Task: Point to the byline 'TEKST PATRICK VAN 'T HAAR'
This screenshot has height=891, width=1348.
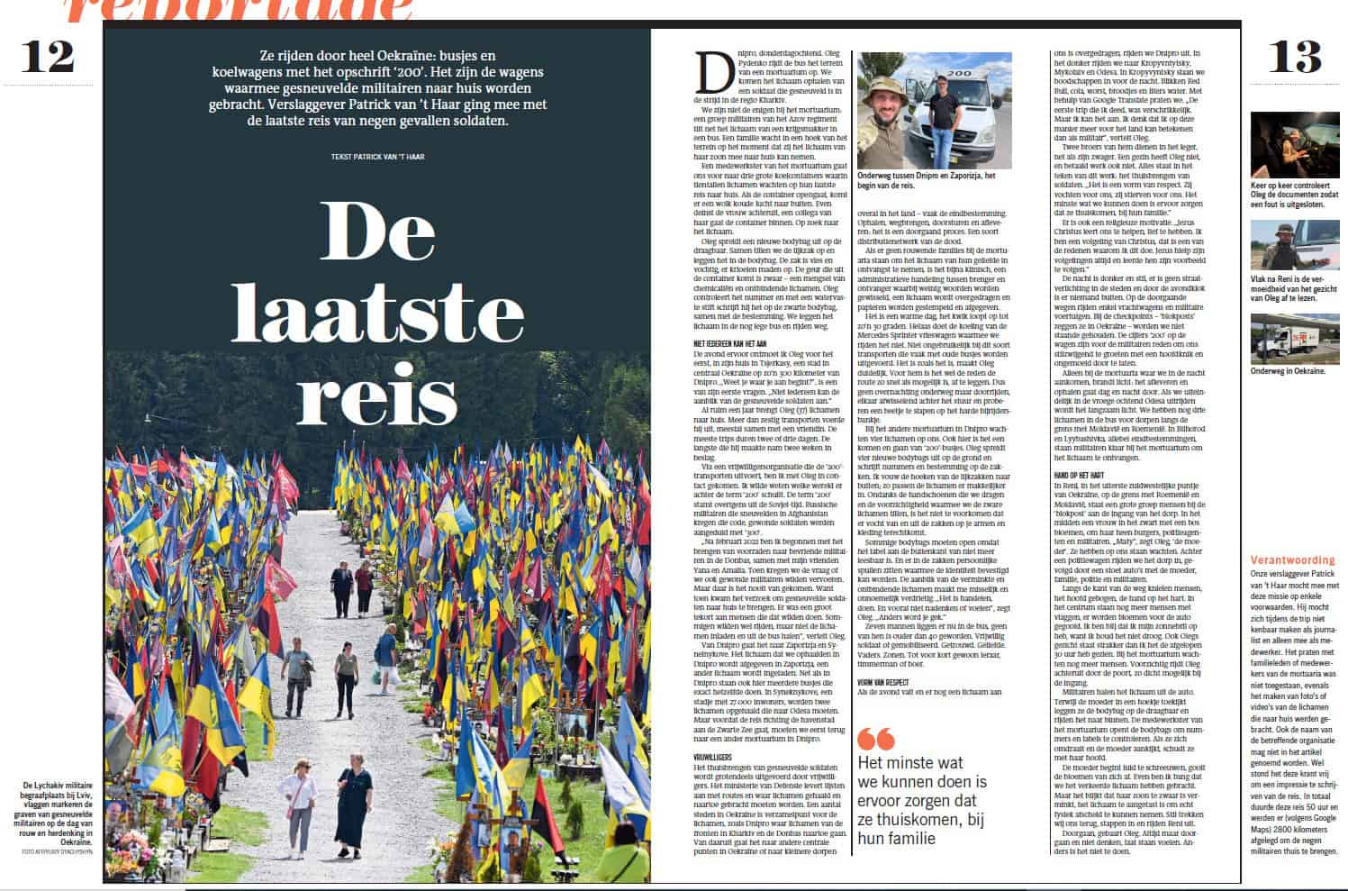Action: (x=377, y=157)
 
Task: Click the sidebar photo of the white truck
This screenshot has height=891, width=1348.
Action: (x=1294, y=336)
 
